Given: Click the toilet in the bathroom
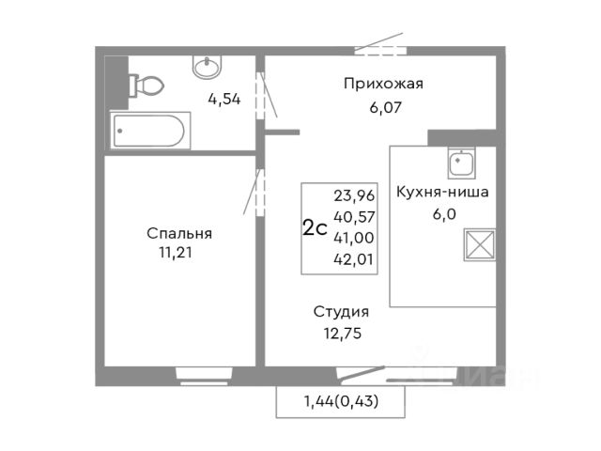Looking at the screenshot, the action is (x=146, y=86).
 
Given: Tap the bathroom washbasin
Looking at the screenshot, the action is (x=207, y=67).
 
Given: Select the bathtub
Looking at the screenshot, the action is (x=150, y=131).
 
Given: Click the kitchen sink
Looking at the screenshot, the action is (x=461, y=163).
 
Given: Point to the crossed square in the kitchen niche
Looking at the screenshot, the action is (x=480, y=244).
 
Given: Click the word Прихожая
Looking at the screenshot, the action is (x=383, y=84).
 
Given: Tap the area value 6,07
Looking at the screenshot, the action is (x=385, y=108).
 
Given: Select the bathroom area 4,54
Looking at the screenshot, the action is (x=224, y=100).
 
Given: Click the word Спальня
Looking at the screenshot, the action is (x=179, y=233).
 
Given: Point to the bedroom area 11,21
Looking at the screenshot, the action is (x=176, y=253).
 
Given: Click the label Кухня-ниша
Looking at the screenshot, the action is (x=442, y=192).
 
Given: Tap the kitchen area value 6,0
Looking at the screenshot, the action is (x=444, y=214).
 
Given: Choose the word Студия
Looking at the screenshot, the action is (x=341, y=312).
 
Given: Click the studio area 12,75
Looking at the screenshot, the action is (x=343, y=334).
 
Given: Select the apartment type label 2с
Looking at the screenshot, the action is (x=315, y=228).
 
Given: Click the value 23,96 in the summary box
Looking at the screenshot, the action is (x=354, y=196).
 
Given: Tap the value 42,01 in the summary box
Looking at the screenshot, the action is (x=353, y=259).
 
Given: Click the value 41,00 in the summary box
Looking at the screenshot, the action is (x=354, y=238).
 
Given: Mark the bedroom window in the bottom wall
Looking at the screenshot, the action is (x=205, y=376).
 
